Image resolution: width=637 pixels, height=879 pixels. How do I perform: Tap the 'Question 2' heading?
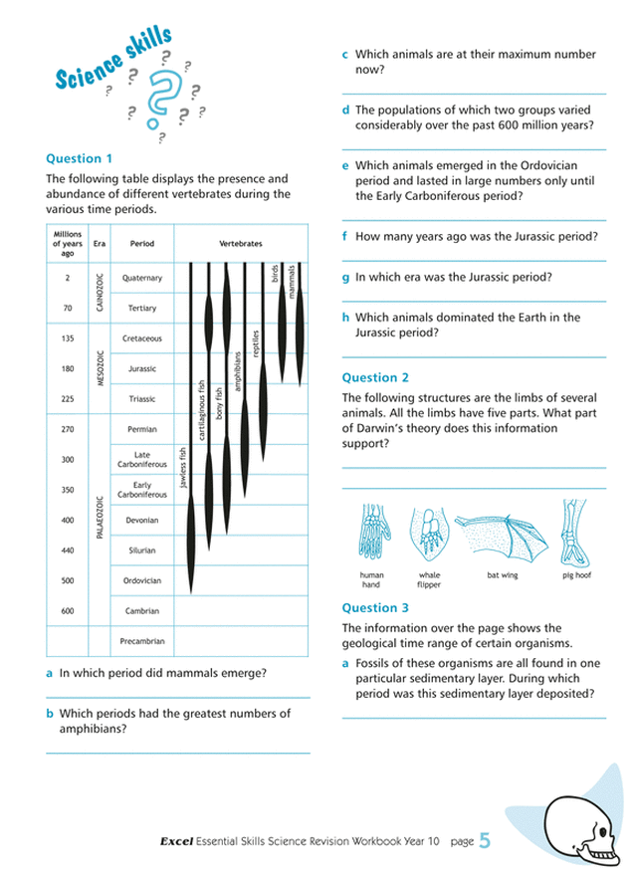[x=375, y=377]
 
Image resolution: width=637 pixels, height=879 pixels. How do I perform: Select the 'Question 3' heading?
[x=375, y=607]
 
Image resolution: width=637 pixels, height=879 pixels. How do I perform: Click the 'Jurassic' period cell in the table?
[x=142, y=369]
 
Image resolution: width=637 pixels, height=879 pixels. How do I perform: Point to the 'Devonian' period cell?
[x=142, y=520]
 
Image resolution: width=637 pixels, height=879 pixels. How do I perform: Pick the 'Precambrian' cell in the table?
[x=142, y=641]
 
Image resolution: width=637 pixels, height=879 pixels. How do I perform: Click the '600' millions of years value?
[x=68, y=611]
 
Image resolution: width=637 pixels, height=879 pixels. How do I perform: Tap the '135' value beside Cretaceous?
[x=68, y=338]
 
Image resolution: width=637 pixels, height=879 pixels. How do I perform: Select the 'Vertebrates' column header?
[x=240, y=243]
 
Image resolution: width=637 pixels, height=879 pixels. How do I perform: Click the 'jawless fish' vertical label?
[x=181, y=466]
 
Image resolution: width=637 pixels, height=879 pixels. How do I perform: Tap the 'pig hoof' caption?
[x=576, y=575]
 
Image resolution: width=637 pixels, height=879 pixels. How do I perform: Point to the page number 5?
[x=485, y=842]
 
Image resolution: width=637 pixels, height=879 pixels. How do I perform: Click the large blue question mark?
[x=158, y=97]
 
